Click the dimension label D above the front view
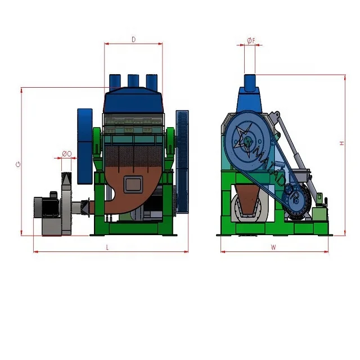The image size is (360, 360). pos(133,39)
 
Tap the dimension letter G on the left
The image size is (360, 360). pos(19,164)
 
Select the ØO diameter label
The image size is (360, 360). pos(66,154)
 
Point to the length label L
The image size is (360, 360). pos(107,247)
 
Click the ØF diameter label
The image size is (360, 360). pos(251,40)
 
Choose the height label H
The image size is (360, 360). pos(341,144)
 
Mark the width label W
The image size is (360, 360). pos(273,246)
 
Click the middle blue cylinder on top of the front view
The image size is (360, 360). pos(133,83)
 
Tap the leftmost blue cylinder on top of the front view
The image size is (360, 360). pos(115,83)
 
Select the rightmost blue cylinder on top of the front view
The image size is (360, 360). pos(152,83)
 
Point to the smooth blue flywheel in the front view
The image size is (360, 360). pos(84,146)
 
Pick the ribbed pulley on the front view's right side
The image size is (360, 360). pos(182,160)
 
